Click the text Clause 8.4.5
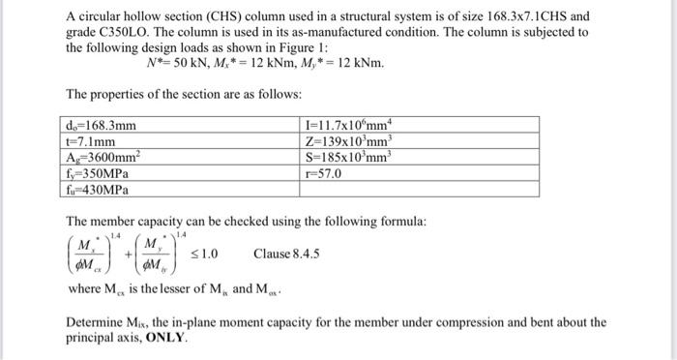[286, 255]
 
